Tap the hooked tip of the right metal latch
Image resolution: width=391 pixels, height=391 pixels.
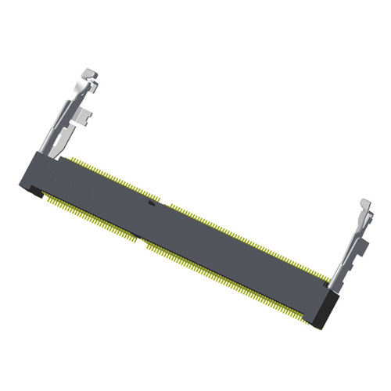[x=363, y=205]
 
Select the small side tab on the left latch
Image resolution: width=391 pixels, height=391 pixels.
[x=88, y=117]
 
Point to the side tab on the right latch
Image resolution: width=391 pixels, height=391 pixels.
[x=361, y=251]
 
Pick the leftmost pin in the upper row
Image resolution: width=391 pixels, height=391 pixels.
[x=70, y=159]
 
